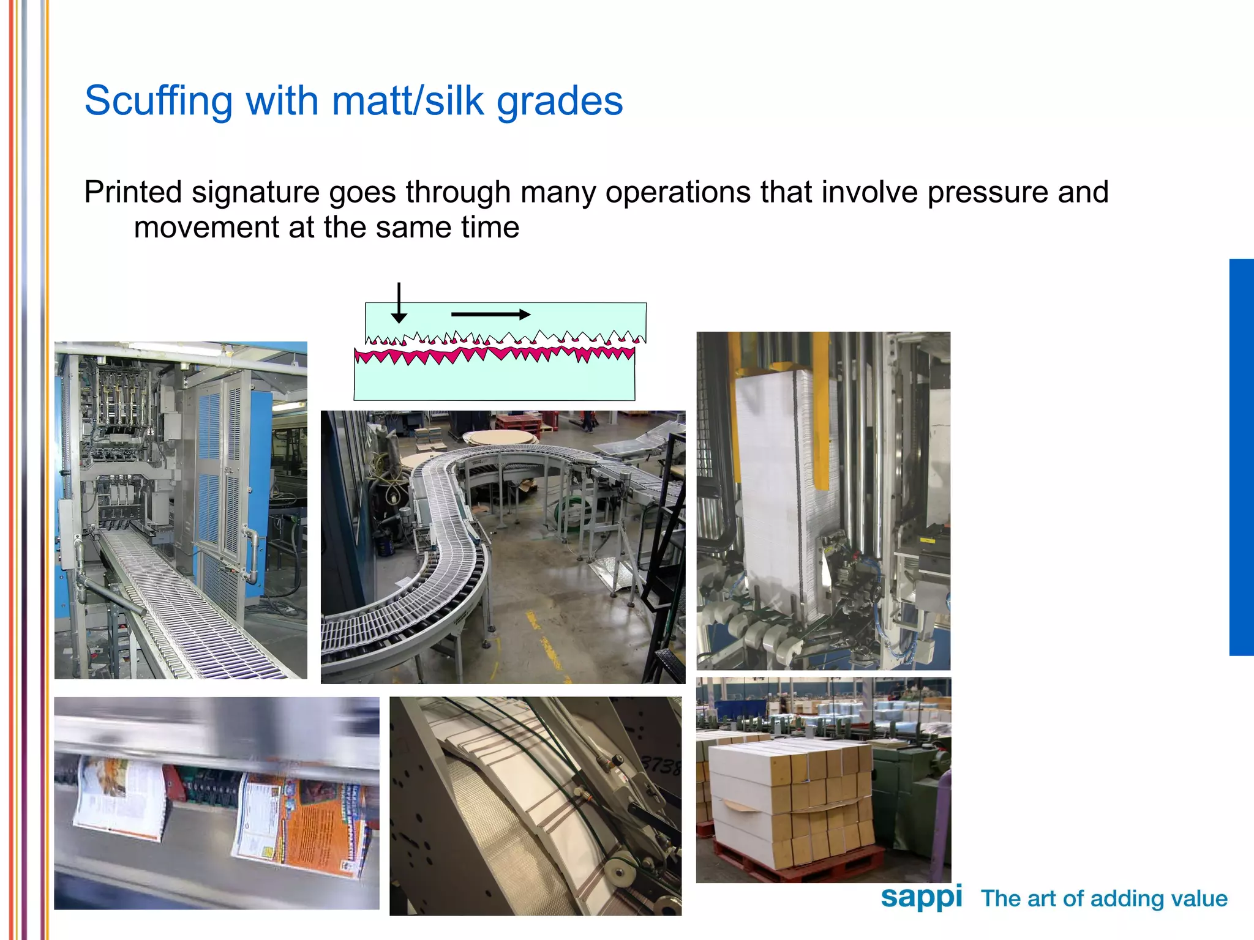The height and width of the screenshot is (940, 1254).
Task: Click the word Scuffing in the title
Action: click(158, 101)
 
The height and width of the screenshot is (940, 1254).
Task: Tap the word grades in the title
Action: click(560, 101)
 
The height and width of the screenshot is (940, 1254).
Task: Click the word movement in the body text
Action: click(206, 228)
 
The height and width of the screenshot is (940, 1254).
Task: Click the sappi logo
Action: click(921, 898)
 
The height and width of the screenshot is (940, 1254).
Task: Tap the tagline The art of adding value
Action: click(1104, 898)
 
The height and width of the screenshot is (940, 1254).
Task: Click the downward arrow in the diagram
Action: click(399, 303)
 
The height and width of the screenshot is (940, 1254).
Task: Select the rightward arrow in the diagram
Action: click(490, 315)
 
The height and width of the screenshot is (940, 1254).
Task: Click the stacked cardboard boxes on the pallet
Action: click(790, 796)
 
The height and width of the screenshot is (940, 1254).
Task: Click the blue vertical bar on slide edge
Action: click(1241, 457)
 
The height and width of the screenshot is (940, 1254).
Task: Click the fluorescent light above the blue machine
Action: click(178, 348)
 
